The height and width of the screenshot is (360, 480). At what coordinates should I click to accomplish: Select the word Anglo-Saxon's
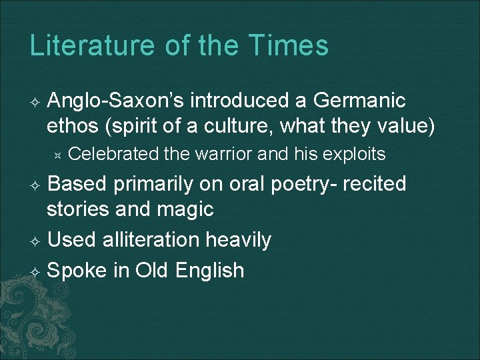pyautogui.click(x=117, y=101)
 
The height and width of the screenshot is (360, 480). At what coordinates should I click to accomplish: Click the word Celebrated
pyautogui.click(x=113, y=155)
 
